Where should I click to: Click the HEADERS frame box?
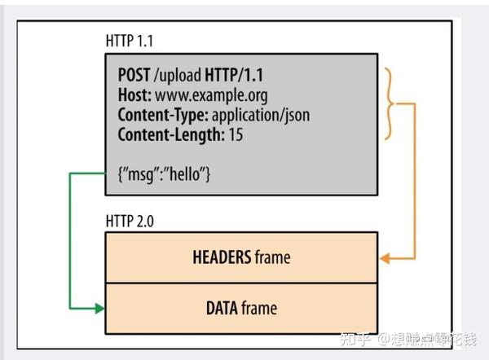[242, 257]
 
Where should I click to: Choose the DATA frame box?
[242, 308]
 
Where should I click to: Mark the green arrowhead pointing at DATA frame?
[99, 308]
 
